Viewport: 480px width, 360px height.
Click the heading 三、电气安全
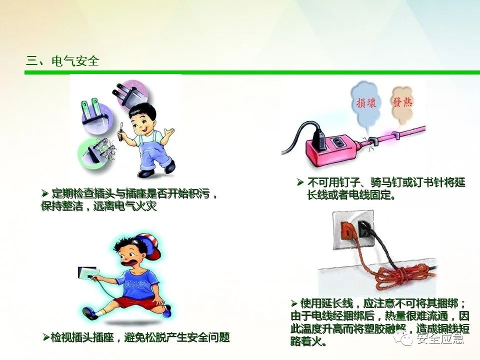63,61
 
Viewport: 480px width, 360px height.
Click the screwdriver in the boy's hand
120,131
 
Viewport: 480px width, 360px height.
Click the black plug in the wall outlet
364,230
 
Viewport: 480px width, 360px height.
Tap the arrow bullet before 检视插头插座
46,337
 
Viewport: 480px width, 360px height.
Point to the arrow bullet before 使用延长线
294,303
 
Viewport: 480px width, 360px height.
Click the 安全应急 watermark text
440,338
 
